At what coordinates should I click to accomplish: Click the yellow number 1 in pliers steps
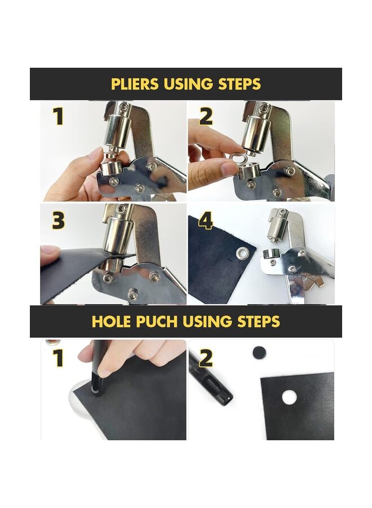pyautogui.click(x=58, y=117)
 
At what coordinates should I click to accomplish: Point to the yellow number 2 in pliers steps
pyautogui.click(x=206, y=117)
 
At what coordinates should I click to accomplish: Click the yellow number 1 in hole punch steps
pyautogui.click(x=58, y=358)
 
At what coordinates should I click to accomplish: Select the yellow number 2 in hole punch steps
pyautogui.click(x=206, y=358)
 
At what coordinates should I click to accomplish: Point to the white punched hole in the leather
pyautogui.click(x=289, y=397)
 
